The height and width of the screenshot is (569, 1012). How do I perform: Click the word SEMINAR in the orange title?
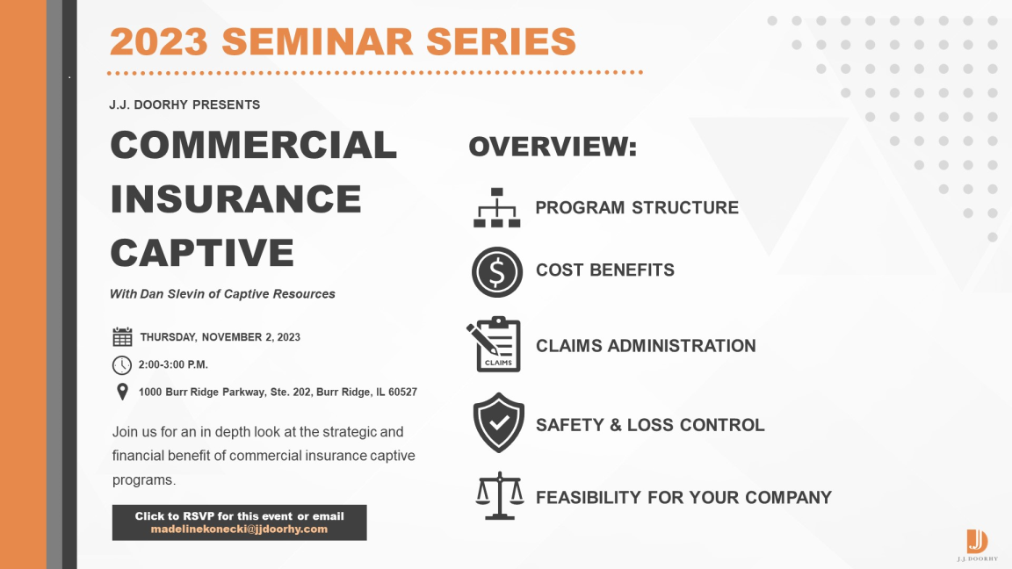point(318,41)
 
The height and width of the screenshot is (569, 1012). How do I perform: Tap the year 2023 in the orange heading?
point(159,41)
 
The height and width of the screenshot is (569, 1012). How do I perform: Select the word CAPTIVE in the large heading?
point(202,252)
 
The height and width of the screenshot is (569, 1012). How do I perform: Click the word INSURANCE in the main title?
point(235,198)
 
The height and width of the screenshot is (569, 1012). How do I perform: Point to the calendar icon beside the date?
point(122,337)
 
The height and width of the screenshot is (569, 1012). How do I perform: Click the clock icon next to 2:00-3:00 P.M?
point(122,365)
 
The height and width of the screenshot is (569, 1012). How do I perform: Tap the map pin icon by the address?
point(122,392)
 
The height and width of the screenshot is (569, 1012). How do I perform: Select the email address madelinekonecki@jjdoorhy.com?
point(240,529)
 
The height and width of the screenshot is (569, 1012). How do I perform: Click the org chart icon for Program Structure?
point(497,208)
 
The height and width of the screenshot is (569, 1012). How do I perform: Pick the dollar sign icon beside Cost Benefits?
point(497,271)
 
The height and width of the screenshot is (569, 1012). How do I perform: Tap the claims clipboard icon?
point(495,344)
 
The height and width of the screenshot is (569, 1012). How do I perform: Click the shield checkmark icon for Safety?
point(498,422)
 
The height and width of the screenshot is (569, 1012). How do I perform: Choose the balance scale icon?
point(500,495)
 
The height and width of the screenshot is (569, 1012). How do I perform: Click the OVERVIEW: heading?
point(553,147)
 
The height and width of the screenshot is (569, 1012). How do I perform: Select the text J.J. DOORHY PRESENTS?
point(184,104)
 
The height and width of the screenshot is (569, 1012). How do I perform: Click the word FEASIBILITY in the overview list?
point(589,497)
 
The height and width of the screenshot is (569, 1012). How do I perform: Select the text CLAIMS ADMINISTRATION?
point(646,346)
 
